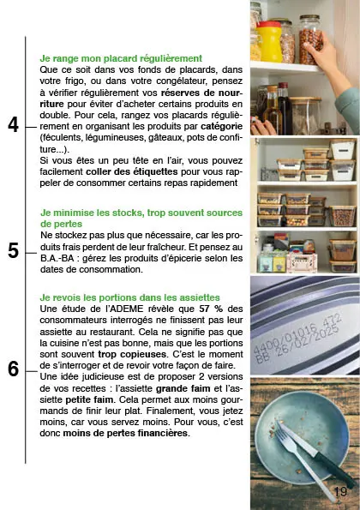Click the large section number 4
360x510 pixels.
(14, 125)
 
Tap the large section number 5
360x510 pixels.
(14, 251)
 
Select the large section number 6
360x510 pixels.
(14, 369)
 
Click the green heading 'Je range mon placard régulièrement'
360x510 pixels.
(121, 58)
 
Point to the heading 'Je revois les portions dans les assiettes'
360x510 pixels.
(129, 297)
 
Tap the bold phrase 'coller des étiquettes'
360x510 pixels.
(132, 171)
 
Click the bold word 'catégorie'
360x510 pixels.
(222, 126)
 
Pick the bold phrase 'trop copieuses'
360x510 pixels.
(132, 354)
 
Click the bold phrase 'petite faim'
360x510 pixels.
(89, 399)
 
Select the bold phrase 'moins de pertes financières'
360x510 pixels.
(125, 433)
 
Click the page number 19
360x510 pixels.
(340, 491)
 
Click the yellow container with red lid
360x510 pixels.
(269, 42)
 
